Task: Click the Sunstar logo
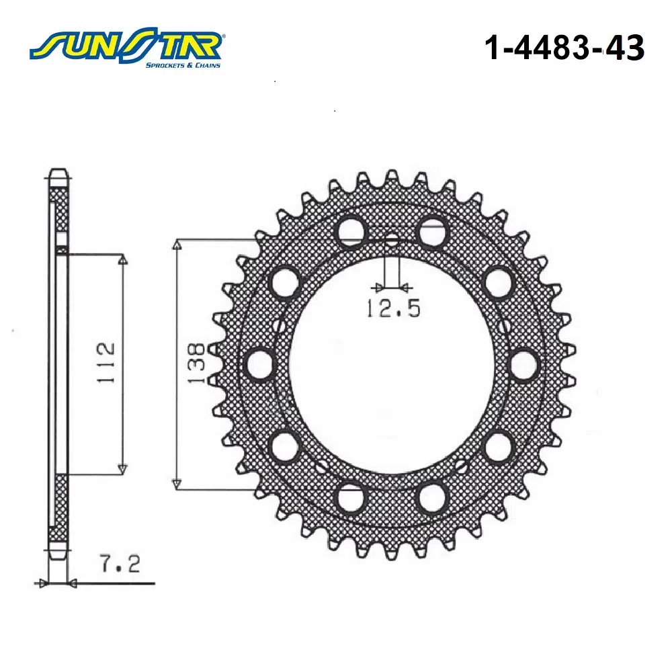pos(126,48)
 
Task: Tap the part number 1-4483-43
pos(564,48)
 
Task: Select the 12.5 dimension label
pos(393,308)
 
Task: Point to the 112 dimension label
pos(106,362)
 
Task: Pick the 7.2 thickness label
pos(120,563)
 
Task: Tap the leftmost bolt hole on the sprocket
pos(261,365)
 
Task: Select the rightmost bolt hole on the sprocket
pos(523,365)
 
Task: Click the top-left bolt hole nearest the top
pos(351,232)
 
